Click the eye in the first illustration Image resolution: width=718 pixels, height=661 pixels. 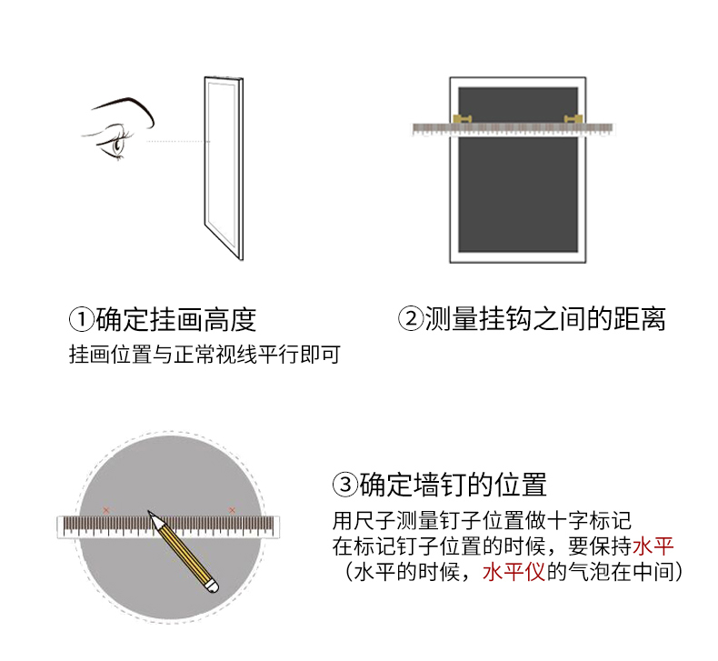point(117,143)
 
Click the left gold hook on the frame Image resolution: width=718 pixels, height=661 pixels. point(462,119)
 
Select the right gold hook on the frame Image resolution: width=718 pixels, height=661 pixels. point(573,119)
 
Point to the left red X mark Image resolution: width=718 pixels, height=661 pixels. point(106,510)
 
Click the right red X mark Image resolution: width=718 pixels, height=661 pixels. point(232,510)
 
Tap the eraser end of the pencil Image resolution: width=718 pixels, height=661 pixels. point(212,586)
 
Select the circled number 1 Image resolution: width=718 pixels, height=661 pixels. point(82,319)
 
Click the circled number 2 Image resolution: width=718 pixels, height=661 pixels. point(411,319)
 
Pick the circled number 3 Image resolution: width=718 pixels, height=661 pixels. point(344,485)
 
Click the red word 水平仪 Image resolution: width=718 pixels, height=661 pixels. point(514,572)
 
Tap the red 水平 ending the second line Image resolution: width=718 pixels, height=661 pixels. point(653,546)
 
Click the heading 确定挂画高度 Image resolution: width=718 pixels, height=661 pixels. point(175,319)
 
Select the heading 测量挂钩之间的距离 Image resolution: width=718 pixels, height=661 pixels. point(545,319)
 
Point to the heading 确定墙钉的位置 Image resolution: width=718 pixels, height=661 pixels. point(453,485)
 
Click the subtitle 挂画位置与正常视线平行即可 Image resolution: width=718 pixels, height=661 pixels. point(204,355)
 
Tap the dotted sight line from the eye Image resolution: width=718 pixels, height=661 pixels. point(177,142)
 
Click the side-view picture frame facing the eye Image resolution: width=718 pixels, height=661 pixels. point(224,168)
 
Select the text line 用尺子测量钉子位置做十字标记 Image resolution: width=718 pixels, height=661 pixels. point(482,520)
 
